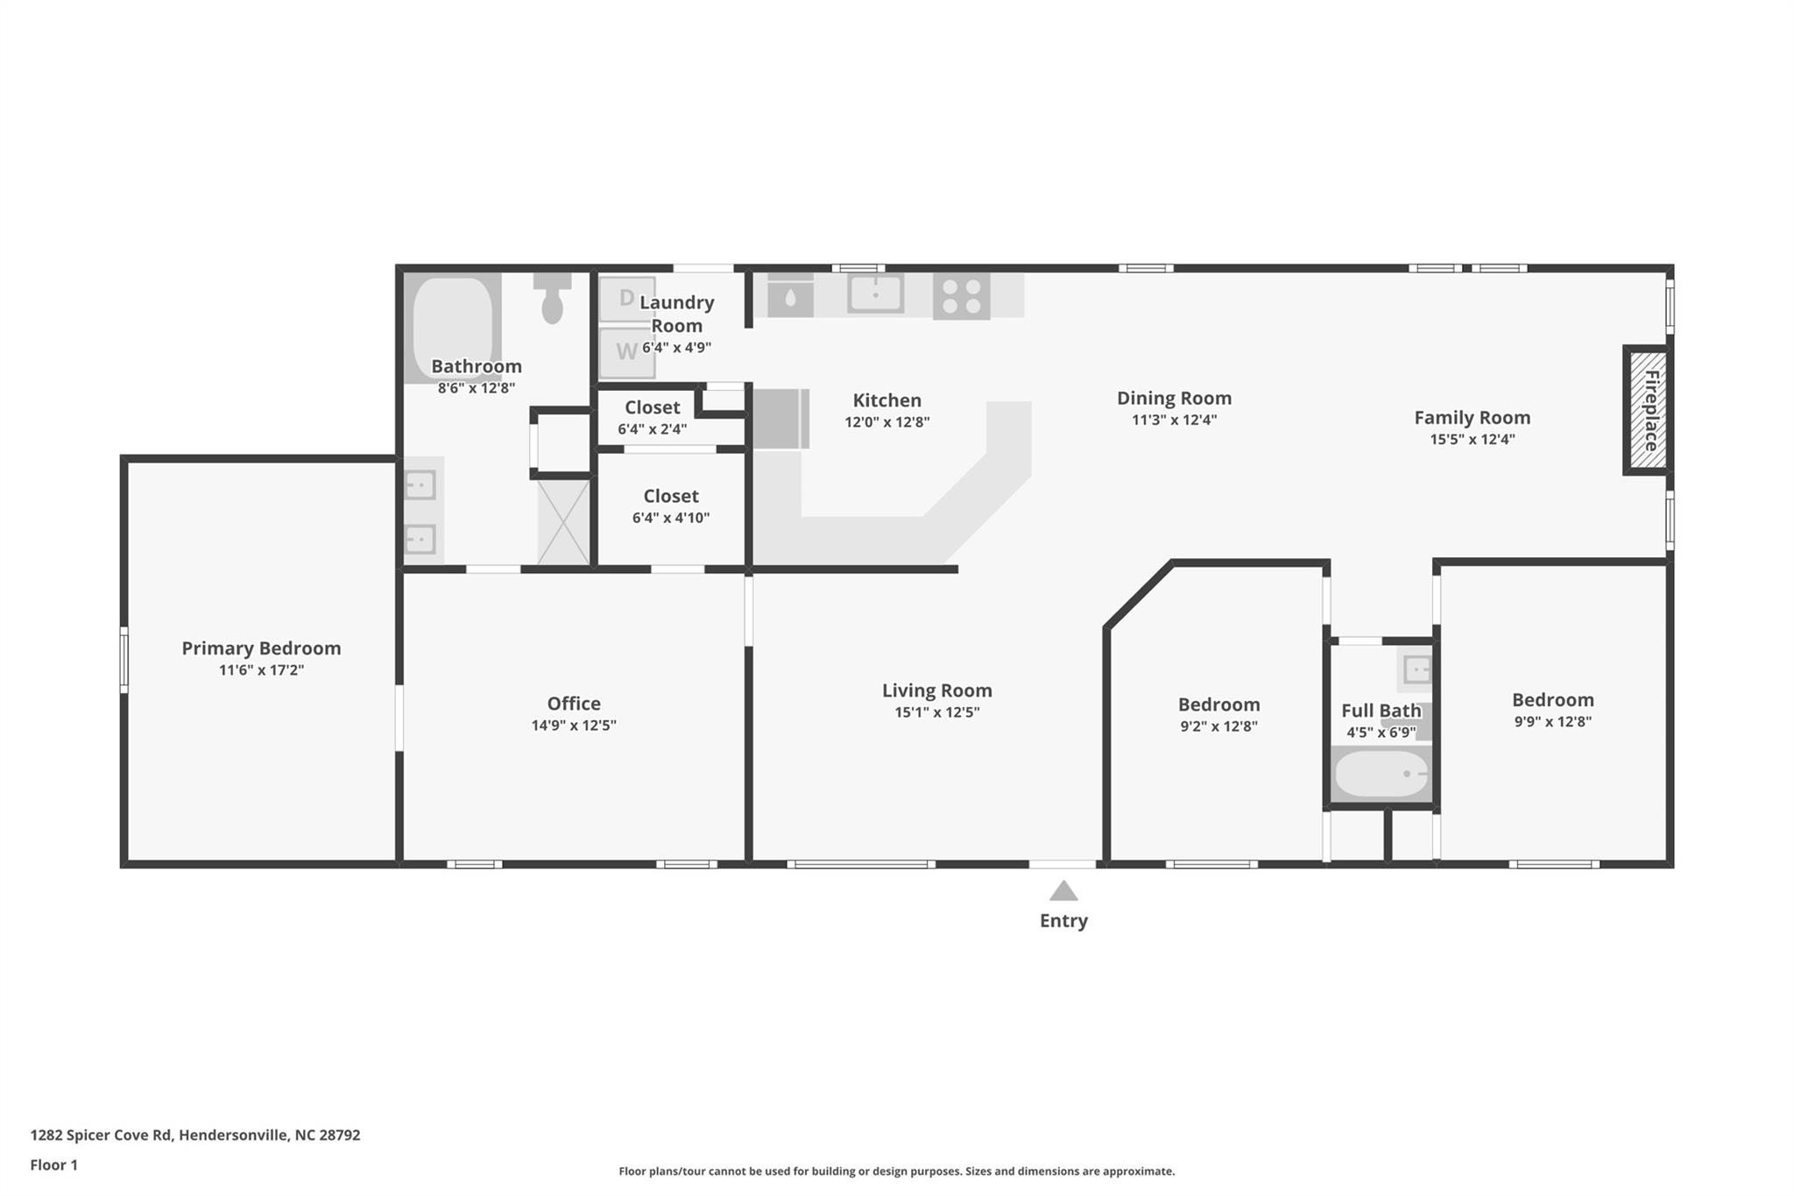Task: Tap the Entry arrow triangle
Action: [1063, 892]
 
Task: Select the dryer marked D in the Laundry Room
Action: [626, 299]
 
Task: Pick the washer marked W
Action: [626, 352]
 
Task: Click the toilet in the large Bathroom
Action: [552, 299]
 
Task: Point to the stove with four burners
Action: [961, 295]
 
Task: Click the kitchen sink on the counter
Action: [875, 293]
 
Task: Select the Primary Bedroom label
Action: [261, 648]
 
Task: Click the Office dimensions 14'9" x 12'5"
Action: [574, 725]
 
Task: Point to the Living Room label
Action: [936, 690]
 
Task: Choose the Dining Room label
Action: [1174, 398]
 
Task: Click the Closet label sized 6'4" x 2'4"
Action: [652, 407]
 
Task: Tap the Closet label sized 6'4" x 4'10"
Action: [671, 496]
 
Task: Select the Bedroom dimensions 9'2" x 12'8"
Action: [1218, 726]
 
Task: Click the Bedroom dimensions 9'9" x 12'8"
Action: [1552, 722]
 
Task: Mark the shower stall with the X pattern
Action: [563, 522]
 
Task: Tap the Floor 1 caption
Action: [53, 1164]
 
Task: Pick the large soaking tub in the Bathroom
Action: [452, 327]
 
